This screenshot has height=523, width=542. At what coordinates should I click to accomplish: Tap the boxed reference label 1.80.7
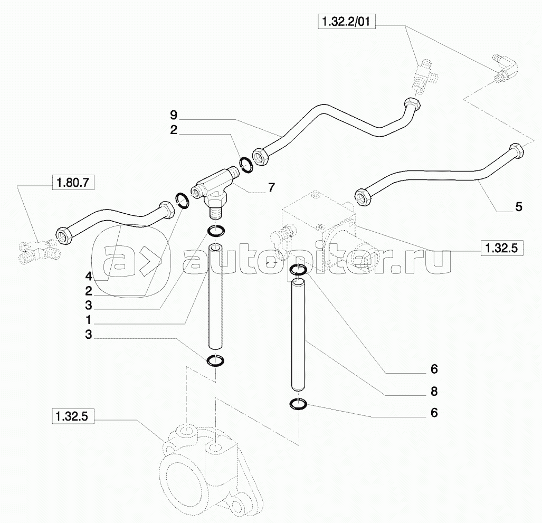tap(72, 183)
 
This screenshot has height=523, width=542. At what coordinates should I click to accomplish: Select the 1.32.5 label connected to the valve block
tap(501, 247)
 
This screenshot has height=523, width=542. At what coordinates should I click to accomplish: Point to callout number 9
tap(174, 114)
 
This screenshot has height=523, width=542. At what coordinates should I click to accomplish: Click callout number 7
tap(271, 187)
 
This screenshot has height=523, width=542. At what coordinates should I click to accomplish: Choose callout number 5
tap(519, 207)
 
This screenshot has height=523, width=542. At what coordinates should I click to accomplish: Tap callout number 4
tap(89, 275)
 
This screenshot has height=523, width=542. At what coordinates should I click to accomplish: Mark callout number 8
tap(434, 392)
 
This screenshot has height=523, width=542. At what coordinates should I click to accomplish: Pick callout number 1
tap(89, 320)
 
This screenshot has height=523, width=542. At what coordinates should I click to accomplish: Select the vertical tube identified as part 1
tap(215, 296)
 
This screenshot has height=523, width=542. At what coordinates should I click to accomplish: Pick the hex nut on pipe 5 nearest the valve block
tap(363, 196)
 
